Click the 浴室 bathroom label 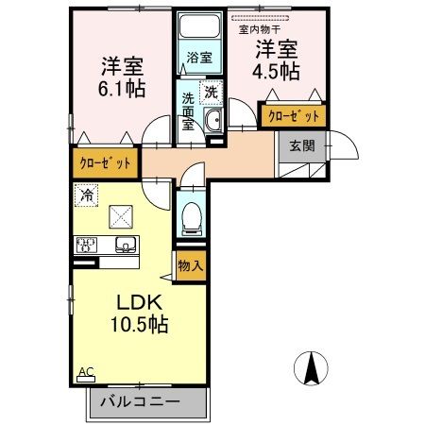198,58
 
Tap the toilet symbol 190,217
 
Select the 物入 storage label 190,265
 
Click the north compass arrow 312,366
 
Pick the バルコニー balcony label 148,403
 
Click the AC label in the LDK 86,372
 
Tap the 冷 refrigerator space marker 86,196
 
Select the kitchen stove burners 88,245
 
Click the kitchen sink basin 125,245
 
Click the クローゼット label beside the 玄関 293,115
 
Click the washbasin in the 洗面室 213,119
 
